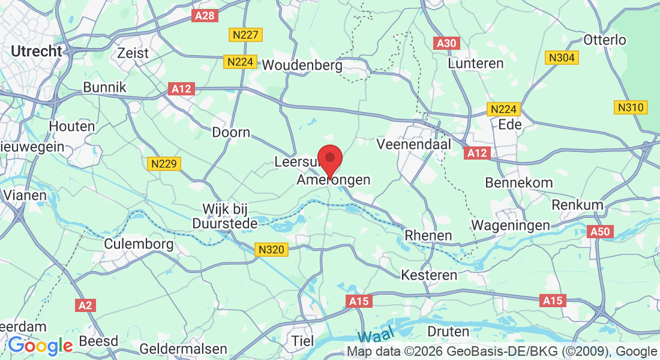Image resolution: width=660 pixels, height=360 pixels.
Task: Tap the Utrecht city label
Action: (37, 52)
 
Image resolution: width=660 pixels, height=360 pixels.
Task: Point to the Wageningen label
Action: (511, 225)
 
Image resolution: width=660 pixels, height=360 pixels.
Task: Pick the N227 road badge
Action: (245, 34)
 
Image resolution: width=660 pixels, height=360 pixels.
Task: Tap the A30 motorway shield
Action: (447, 43)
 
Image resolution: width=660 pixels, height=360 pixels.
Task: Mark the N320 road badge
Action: (271, 249)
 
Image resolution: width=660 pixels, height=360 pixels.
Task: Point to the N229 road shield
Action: (164, 163)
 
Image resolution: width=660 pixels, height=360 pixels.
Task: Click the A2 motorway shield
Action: (86, 305)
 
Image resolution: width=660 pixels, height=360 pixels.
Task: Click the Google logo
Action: (40, 346)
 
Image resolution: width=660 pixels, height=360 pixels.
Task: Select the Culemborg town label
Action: (139, 244)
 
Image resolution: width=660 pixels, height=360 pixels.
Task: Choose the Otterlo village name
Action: (605, 40)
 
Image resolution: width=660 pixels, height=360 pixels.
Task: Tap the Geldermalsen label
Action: (183, 349)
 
